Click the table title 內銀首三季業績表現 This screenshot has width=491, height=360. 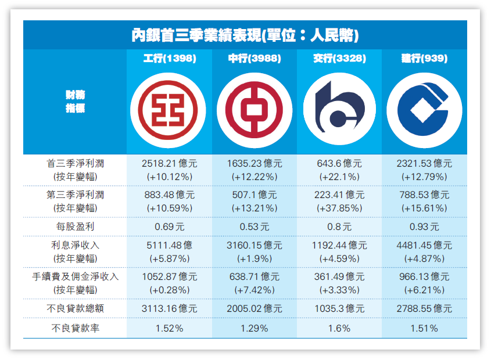(245, 36)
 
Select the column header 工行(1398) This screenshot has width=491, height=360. (169, 59)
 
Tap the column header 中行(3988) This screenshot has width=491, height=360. (254, 59)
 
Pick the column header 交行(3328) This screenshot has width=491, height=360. (339, 59)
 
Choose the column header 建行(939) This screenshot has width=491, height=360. (424, 59)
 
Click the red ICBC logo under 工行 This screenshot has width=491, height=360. (167, 110)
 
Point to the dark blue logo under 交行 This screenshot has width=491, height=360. (339, 110)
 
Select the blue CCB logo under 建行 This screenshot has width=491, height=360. (424, 110)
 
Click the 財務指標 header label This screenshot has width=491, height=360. (75, 101)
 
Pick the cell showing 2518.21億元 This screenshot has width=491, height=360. (169, 164)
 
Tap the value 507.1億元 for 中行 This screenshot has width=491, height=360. (254, 195)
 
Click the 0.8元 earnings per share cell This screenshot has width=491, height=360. (339, 226)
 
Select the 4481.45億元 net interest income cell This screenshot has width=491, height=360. (424, 246)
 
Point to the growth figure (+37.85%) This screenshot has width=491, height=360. (339, 208)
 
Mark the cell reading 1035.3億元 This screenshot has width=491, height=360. (339, 309)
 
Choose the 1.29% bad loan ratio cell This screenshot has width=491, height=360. (254, 329)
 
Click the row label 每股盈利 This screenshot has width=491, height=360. (75, 226)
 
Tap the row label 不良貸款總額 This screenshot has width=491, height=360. (75, 309)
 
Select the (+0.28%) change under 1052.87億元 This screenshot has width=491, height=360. (169, 290)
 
